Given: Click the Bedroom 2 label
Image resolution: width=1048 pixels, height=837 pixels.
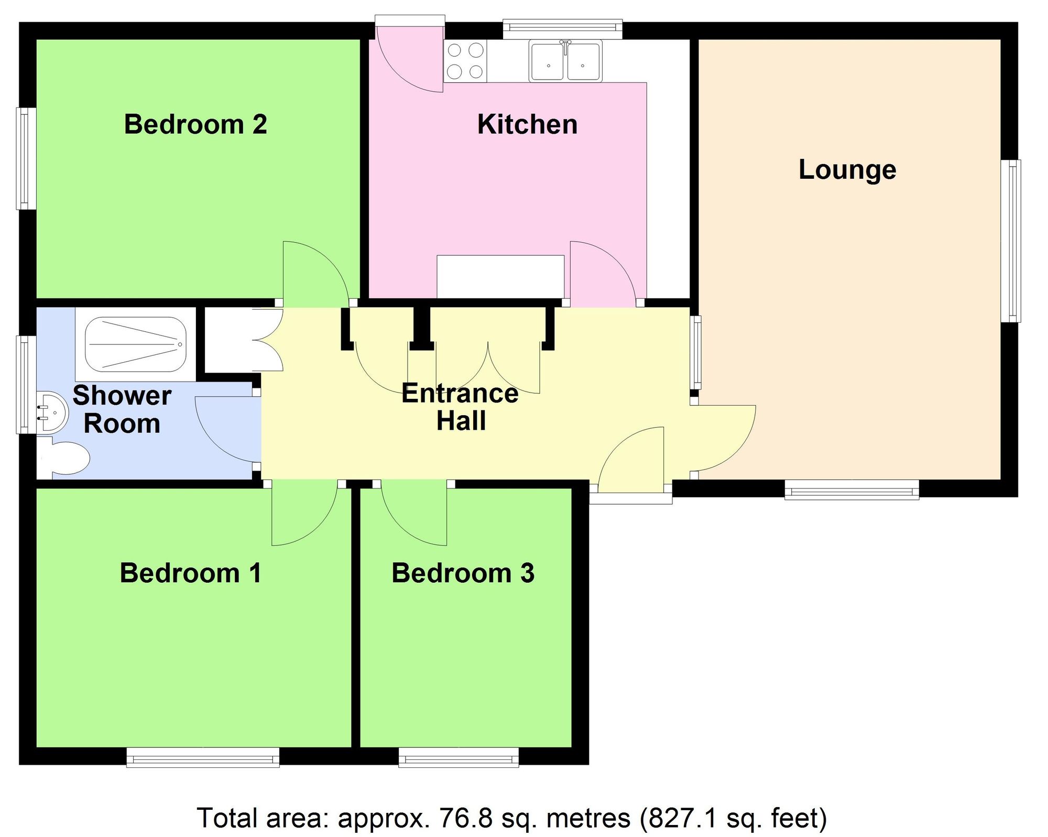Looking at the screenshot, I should click(x=195, y=125).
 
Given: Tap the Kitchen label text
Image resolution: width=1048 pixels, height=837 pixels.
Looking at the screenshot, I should click(x=527, y=125).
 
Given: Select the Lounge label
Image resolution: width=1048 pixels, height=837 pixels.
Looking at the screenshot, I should click(x=847, y=170).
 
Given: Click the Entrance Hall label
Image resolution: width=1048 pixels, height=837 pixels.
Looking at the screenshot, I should click(x=460, y=407).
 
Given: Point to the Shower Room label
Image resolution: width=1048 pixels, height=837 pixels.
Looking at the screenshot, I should click(x=122, y=409).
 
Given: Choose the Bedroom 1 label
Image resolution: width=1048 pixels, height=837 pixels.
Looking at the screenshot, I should click(x=191, y=573).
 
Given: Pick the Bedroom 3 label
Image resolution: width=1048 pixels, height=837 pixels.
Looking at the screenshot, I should click(x=463, y=573).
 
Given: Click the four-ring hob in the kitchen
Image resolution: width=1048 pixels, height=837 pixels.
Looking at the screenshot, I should click(x=465, y=61).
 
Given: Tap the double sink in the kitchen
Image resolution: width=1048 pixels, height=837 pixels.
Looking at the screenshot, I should click(x=564, y=62).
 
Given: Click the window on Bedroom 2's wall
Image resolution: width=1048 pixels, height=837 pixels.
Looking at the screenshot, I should click(x=26, y=158).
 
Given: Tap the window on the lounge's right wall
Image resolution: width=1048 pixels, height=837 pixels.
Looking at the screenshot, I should click(x=1011, y=241).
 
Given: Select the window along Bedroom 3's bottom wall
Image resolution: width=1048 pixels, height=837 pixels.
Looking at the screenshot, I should click(x=458, y=757).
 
